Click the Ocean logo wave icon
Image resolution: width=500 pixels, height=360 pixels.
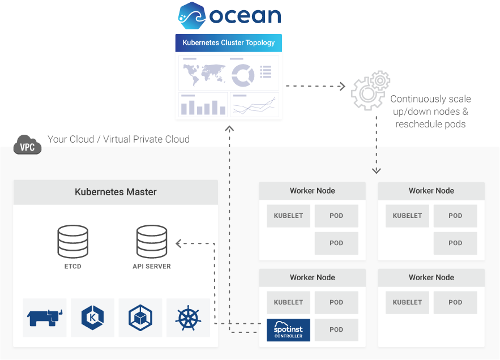[191, 15]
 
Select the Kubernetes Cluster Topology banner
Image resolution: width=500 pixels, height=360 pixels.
[229, 43]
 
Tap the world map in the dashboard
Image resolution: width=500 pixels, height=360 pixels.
[202, 73]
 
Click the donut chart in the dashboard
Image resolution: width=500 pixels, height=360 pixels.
[243, 75]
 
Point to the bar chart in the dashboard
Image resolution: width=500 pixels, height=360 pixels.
[203, 106]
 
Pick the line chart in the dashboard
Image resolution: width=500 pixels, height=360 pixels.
[255, 105]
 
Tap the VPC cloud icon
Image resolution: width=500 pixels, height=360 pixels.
[27, 145]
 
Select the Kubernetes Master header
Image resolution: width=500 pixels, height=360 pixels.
[116, 192]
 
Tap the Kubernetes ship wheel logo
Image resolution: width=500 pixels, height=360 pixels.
[188, 318]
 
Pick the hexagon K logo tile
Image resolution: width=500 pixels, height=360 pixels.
[92, 318]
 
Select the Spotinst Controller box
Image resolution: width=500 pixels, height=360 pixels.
[288, 330]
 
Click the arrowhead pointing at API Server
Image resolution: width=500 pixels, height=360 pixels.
[178, 243]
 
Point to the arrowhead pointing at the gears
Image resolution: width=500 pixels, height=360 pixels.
[341, 86]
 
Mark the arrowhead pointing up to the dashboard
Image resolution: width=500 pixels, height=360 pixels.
[229, 128]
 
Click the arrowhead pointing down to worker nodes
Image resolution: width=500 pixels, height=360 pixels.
[377, 170]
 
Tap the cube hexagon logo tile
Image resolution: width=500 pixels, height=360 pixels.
[140, 318]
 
